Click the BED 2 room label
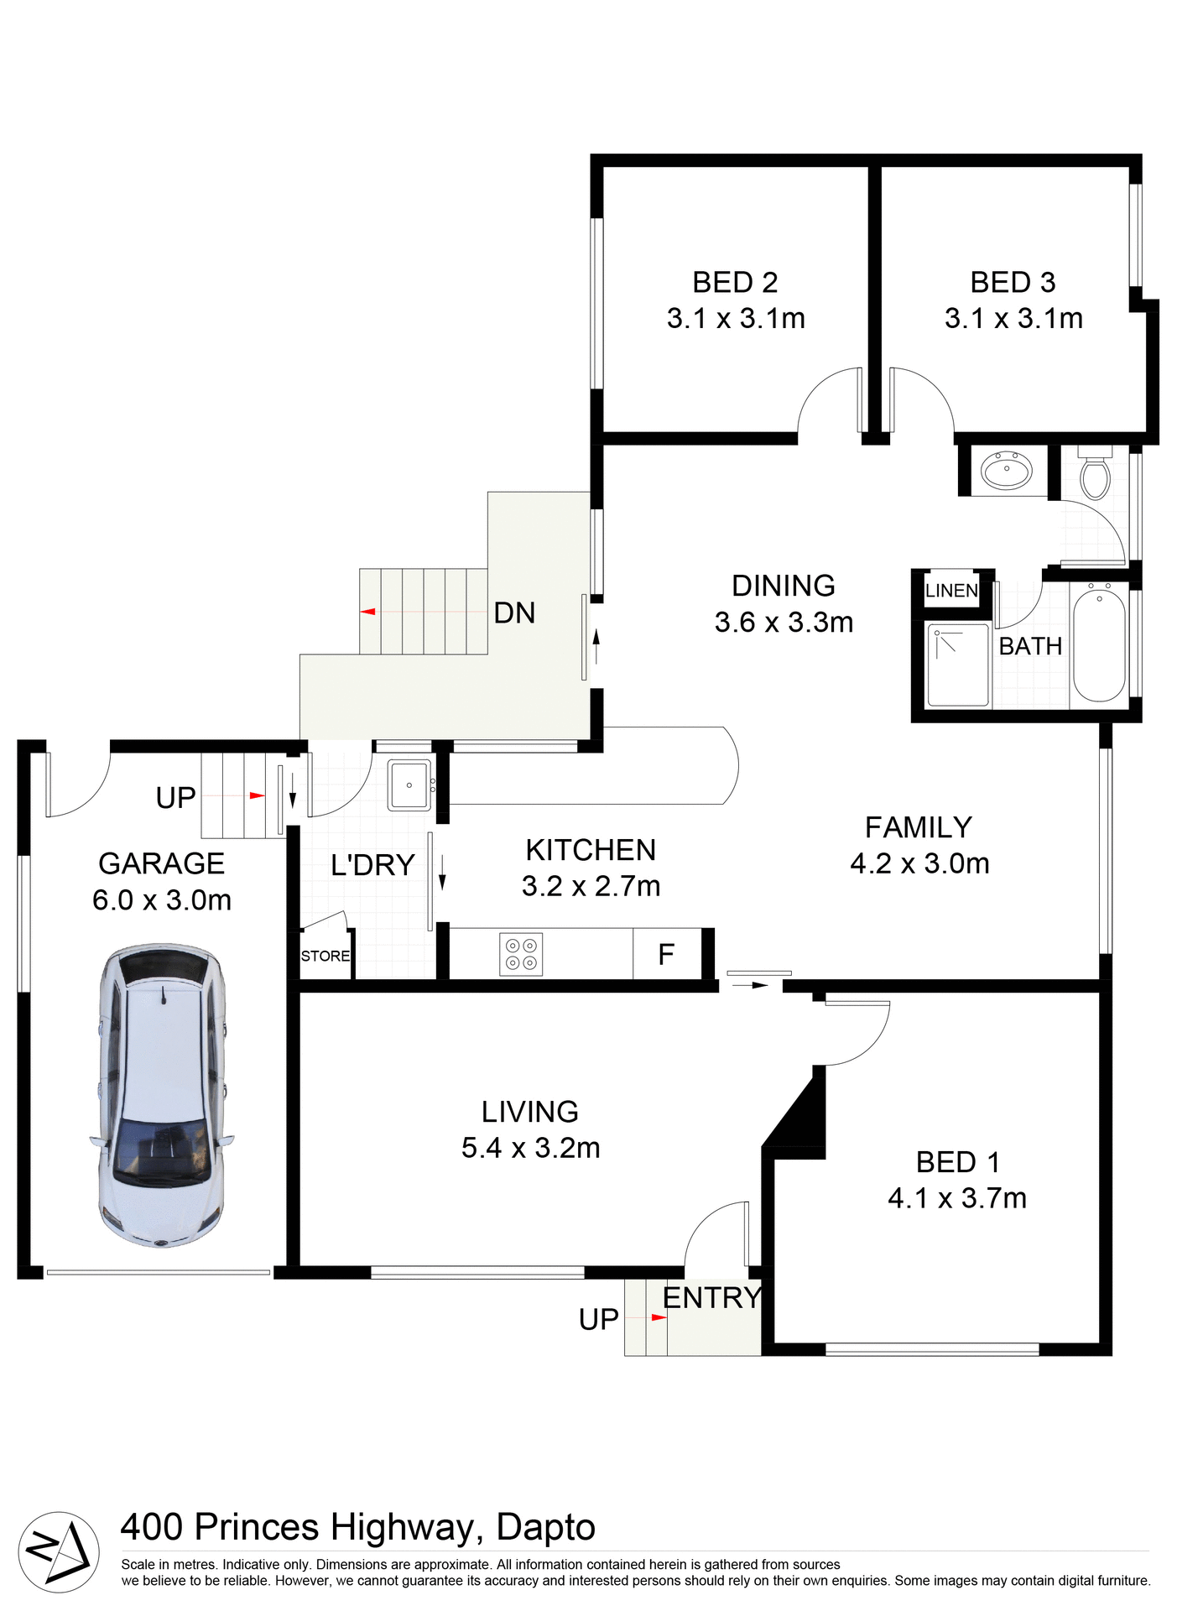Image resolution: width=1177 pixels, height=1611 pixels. coord(735,283)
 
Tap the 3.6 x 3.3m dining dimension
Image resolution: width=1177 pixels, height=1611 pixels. coord(784,623)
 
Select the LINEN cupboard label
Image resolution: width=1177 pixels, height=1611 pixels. coord(951,591)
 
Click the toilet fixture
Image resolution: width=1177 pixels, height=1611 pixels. coord(1095,477)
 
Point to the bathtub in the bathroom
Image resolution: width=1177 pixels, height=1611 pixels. coord(1099,644)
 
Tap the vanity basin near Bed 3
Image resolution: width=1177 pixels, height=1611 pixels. coord(1007,470)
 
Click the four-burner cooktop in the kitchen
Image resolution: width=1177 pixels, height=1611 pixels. coord(521,954)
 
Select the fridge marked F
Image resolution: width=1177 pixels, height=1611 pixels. coord(667,954)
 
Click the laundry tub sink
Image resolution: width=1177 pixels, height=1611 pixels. coord(409,785)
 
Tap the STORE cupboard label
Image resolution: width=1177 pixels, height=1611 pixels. coord(325,956)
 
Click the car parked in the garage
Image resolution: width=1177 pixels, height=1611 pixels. coord(162,1095)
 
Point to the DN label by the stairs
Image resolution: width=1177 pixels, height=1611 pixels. coord(514,613)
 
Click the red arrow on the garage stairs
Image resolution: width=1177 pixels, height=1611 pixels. coord(257,795)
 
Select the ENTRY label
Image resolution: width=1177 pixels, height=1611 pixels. coord(711,1298)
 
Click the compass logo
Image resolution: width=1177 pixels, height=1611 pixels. coord(58,1551)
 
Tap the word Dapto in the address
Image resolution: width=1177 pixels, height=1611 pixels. coord(545,1527)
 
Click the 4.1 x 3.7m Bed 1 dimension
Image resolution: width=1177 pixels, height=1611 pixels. coord(957,1198)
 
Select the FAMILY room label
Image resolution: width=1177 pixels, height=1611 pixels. coord(919,827)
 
